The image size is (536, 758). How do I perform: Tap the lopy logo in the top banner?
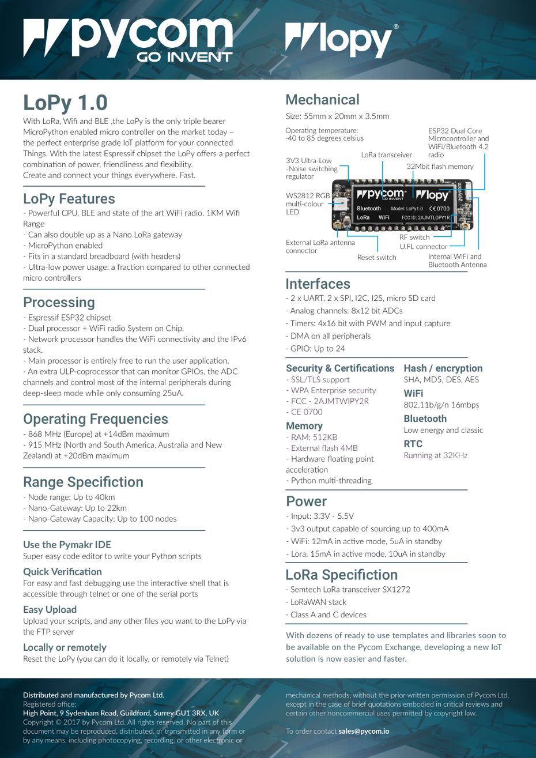(x=342, y=40)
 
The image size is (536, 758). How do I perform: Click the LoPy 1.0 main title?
(x=65, y=103)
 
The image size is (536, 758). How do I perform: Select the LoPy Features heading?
(x=69, y=199)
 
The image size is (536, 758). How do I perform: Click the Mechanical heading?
(x=322, y=100)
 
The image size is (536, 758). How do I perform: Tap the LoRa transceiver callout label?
(x=386, y=154)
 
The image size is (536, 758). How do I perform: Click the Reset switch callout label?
(x=376, y=257)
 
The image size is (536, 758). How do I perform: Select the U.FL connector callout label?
(x=423, y=247)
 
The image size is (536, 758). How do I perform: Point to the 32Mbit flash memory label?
(x=440, y=167)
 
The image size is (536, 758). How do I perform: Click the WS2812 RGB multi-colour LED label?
(x=308, y=203)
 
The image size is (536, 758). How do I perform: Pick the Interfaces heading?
(x=318, y=284)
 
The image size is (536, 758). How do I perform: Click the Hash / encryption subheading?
(x=443, y=368)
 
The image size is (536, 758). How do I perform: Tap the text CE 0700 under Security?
(x=306, y=412)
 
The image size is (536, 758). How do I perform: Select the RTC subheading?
(x=413, y=444)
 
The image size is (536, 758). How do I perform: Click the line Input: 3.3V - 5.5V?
(x=321, y=516)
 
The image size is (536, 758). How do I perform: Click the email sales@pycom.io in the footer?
(x=363, y=731)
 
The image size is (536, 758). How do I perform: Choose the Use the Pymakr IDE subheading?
(x=67, y=544)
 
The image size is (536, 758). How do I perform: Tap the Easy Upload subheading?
(x=50, y=609)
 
